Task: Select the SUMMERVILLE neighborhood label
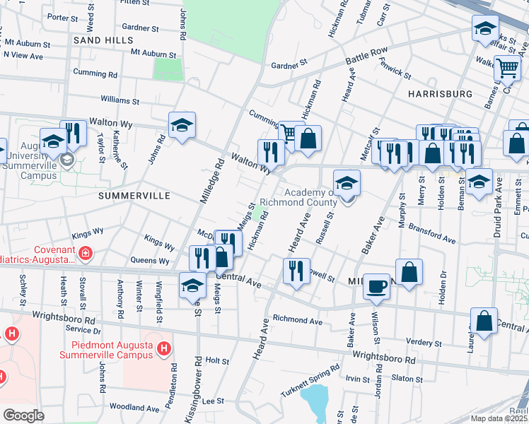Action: click(134, 195)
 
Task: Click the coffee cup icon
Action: click(376, 285)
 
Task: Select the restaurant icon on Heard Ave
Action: click(296, 270)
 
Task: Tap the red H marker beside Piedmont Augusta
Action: click(164, 348)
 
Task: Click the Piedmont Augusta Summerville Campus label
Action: click(112, 350)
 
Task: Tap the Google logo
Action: click(23, 415)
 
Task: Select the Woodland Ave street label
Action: click(134, 408)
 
